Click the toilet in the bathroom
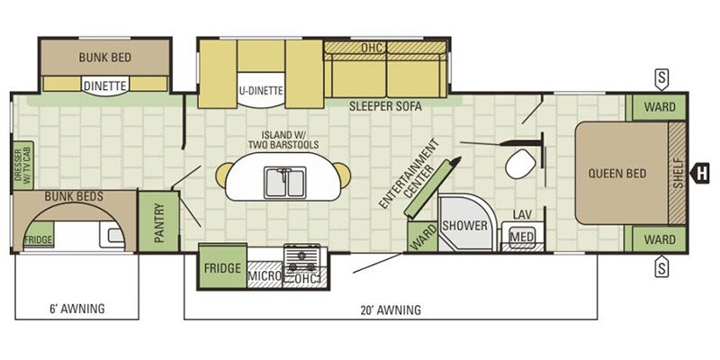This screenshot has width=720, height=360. point(520,164)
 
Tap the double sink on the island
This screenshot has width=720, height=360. point(285,183)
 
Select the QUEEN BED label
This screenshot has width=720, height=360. point(617,174)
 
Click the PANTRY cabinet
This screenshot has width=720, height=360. point(158,221)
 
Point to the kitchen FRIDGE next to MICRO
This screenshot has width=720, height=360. point(222,266)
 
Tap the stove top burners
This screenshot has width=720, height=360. point(301,260)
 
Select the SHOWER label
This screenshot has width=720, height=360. point(464,226)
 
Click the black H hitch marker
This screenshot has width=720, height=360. point(701,173)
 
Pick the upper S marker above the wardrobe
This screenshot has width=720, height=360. point(661,79)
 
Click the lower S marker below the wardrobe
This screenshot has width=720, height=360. point(661,267)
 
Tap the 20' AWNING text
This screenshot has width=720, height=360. point(391,310)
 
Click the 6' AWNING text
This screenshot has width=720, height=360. point(76,308)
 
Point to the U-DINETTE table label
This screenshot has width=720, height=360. point(260,91)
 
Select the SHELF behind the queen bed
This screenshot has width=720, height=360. point(677,173)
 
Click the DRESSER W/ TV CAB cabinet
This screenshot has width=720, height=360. point(23,166)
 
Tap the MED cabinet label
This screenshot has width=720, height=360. point(522,237)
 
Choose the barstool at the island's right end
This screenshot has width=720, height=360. point(343,175)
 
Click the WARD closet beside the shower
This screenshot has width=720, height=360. point(422,237)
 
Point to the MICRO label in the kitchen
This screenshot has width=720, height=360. point(265,276)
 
